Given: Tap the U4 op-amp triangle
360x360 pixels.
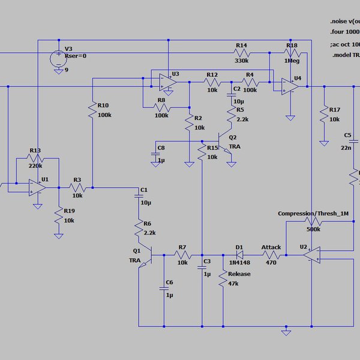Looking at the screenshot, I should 291,86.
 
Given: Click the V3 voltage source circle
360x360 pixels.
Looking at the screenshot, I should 58,58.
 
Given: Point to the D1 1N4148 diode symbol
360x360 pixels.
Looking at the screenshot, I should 240,254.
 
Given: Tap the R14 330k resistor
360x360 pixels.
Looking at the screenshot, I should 241,53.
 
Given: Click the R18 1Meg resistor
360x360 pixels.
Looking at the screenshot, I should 292,53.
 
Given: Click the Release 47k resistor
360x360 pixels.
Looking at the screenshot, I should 223,281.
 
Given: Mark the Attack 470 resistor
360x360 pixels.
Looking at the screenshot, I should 271,254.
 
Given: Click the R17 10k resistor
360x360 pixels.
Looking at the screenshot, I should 324,114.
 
